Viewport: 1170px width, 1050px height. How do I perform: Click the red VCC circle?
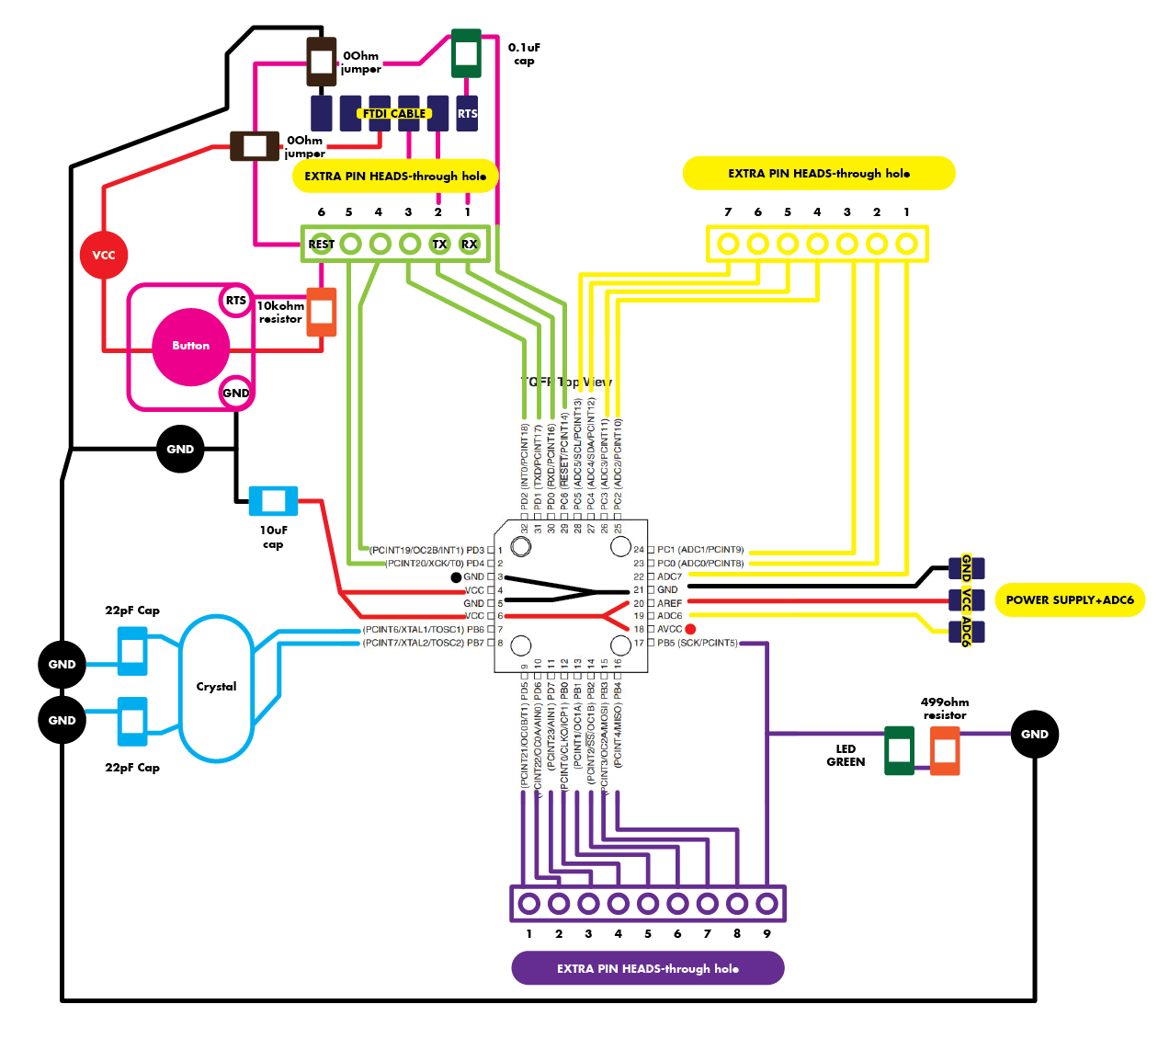103,255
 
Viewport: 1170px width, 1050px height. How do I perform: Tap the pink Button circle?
190,346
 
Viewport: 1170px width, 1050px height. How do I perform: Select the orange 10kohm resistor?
321,311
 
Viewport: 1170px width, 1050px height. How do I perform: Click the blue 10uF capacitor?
274,501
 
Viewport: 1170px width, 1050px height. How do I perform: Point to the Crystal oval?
216,687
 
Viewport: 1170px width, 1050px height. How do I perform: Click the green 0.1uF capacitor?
466,53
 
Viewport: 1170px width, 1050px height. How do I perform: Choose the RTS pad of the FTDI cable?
467,113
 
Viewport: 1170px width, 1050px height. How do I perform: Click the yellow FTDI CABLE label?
394,114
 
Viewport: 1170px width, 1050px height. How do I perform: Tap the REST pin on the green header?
321,244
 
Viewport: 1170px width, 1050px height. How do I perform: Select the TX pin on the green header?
439,244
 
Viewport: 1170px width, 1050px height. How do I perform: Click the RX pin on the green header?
470,244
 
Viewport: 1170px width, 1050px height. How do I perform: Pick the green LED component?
899,750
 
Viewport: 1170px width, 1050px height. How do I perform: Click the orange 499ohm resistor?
945,750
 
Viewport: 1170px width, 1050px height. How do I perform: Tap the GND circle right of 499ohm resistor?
1035,734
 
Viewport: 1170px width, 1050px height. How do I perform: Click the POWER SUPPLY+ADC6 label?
1070,599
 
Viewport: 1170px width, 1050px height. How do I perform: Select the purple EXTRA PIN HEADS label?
647,968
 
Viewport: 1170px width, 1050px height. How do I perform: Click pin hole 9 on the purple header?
767,904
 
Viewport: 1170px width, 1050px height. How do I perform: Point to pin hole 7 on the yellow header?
728,244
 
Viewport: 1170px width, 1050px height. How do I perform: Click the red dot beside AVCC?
690,629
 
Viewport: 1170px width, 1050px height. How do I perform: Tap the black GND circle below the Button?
180,449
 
